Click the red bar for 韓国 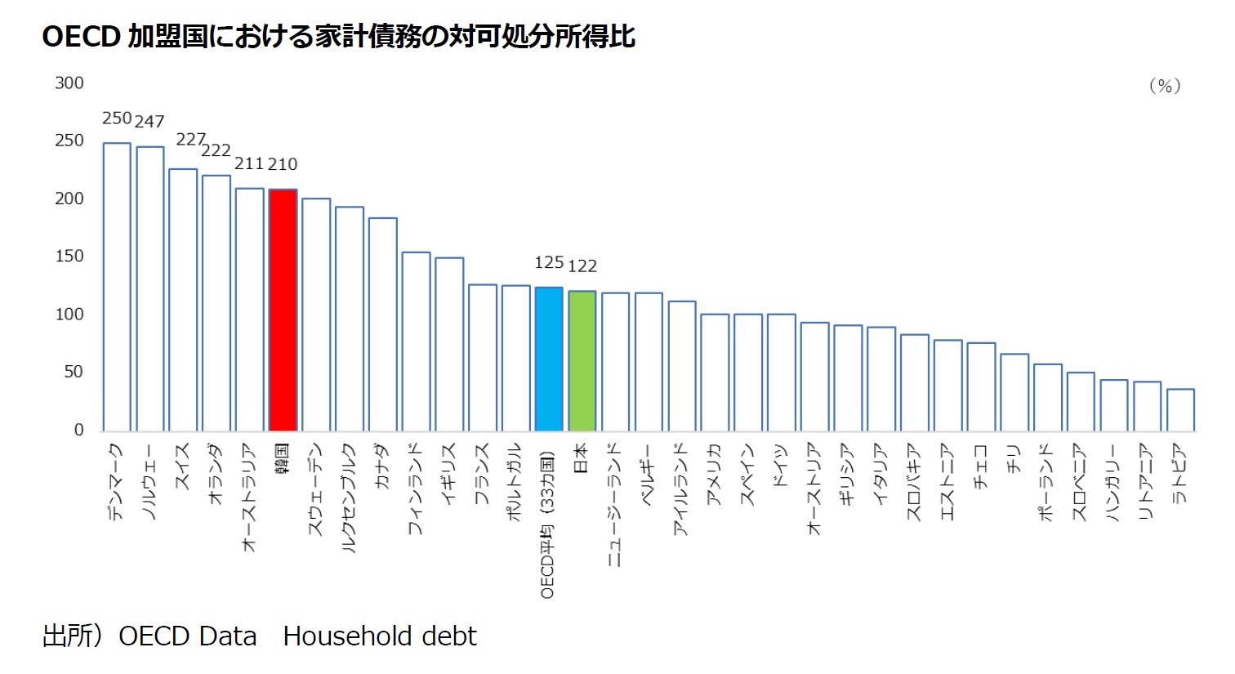[283, 310]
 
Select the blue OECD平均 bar [549, 359]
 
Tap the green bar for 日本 [582, 361]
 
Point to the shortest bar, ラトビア [1180, 410]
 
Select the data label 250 [117, 118]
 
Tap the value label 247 [149, 122]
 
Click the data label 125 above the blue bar [549, 262]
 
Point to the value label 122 [582, 266]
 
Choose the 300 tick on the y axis [69, 83]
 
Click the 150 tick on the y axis [69, 256]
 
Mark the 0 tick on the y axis [78, 430]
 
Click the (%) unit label [1164, 86]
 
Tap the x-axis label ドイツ [780, 466]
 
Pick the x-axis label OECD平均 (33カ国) [548, 523]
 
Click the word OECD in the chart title [82, 37]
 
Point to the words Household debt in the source [380, 636]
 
